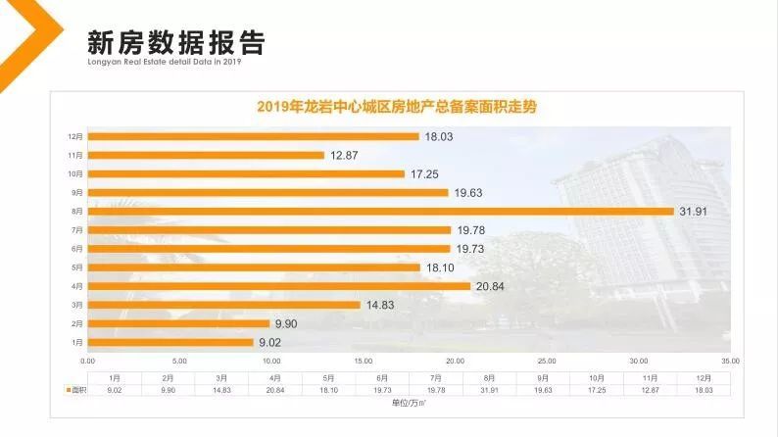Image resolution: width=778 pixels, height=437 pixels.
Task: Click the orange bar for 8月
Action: click(x=382, y=212)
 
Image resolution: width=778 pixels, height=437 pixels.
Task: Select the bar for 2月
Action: click(x=178, y=323)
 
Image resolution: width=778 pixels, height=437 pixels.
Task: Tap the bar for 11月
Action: click(x=206, y=155)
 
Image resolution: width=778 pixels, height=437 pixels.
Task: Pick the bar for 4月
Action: click(x=279, y=286)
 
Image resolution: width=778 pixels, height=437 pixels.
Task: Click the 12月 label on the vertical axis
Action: click(x=74, y=136)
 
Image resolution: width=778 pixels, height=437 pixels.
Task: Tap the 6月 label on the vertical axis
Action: click(x=76, y=249)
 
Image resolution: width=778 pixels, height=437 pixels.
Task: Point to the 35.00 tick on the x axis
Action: click(x=730, y=361)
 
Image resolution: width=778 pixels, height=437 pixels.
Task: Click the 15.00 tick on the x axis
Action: click(x=363, y=361)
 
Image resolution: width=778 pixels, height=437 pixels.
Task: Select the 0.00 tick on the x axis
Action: click(x=87, y=361)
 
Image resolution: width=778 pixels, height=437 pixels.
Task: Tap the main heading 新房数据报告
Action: click(x=175, y=44)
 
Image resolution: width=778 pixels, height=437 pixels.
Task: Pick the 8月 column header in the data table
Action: click(x=487, y=377)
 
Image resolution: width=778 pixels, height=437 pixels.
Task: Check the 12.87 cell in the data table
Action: click(x=648, y=389)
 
